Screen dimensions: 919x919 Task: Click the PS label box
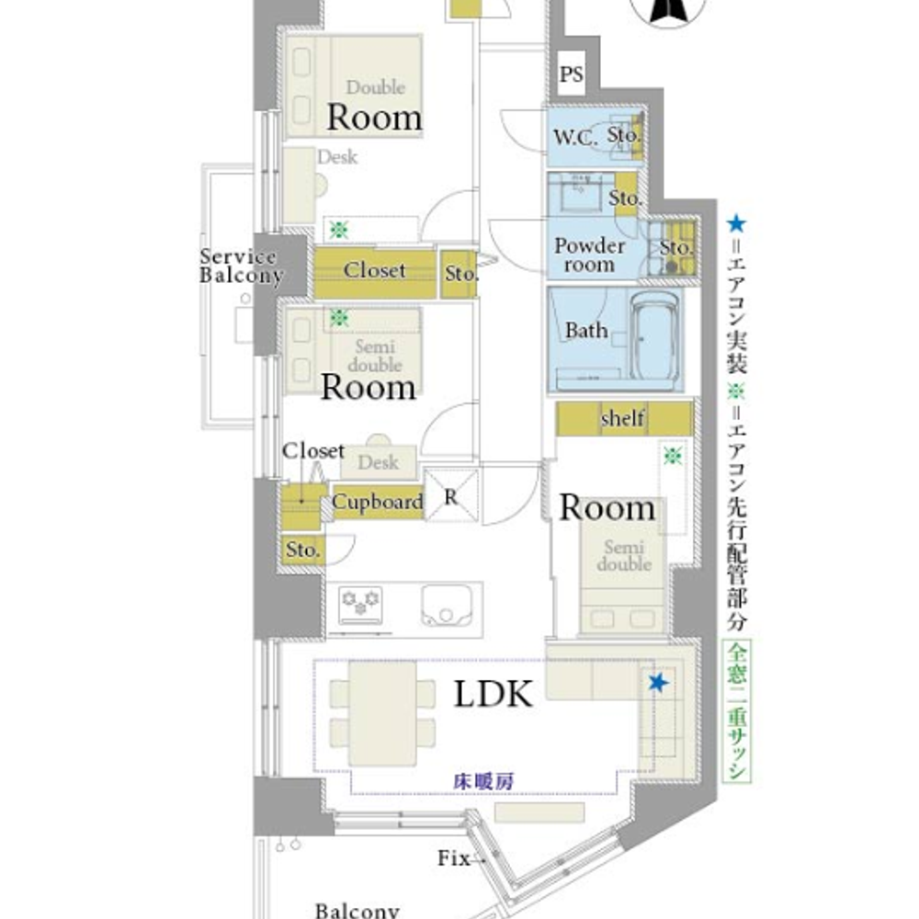571,74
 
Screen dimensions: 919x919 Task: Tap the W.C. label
575,137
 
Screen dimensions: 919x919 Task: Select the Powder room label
589,255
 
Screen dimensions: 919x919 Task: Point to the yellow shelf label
622,418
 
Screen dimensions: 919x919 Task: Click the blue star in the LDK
658,682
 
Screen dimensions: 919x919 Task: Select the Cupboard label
378,502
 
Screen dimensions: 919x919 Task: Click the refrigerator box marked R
450,495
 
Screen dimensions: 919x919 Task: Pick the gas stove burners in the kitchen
360,605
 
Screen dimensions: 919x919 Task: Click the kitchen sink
447,606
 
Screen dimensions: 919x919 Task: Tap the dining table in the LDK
382,713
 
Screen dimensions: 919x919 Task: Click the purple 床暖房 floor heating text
483,781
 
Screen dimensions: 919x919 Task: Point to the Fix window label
454,858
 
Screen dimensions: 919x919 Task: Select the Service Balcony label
241,266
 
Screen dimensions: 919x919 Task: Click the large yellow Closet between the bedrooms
375,274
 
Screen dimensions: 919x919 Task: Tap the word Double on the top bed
375,87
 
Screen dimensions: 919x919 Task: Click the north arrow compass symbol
669,9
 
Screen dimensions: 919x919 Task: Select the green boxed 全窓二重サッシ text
737,711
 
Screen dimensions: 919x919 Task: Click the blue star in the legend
736,224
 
